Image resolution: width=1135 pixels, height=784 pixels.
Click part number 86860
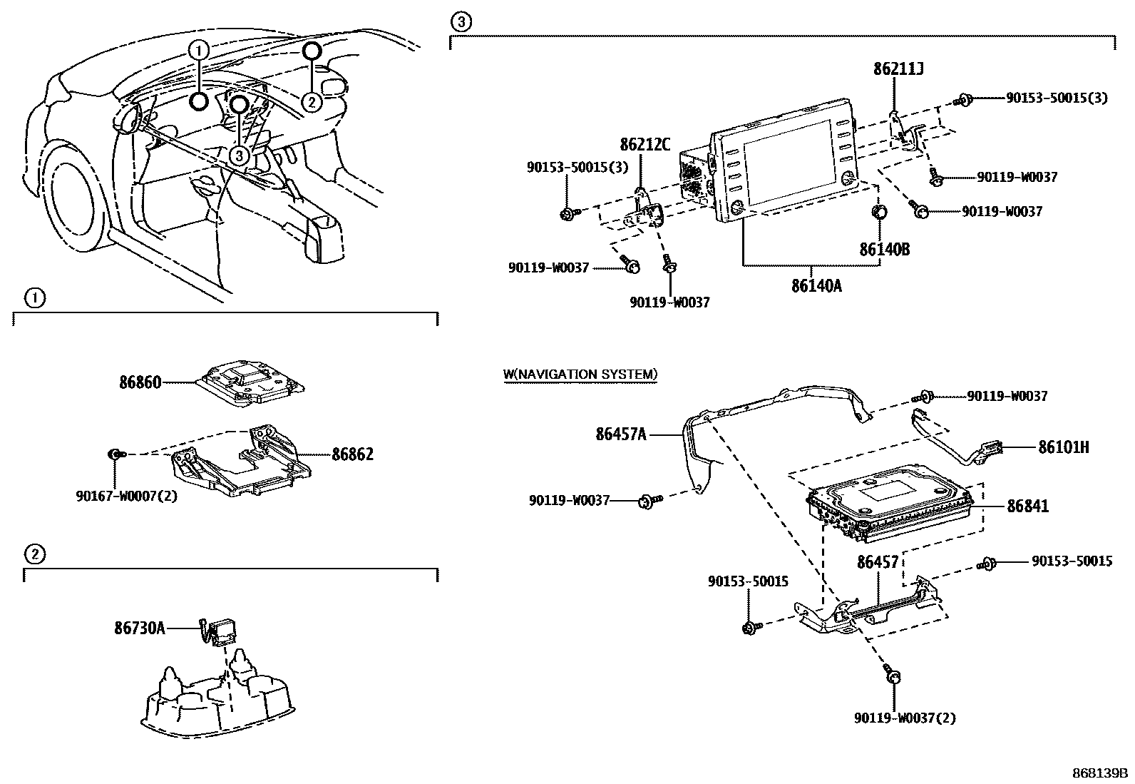coord(140,382)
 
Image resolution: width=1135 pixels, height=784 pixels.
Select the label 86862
coord(352,454)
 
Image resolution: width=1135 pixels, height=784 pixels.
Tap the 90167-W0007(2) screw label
coord(125,495)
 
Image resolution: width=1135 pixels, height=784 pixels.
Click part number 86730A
coord(139,628)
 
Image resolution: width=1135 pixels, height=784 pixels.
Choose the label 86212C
coord(644,145)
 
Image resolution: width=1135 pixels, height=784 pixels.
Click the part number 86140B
coord(884,250)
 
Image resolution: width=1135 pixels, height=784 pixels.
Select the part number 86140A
coord(816,286)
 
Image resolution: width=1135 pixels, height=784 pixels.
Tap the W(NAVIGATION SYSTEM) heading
coord(580,374)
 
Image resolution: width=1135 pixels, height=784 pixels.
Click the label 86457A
coord(621,433)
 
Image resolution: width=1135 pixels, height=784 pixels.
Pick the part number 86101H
coord(1063,447)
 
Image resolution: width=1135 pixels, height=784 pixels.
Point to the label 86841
coord(1027,506)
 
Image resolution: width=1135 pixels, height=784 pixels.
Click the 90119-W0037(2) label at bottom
coord(904,718)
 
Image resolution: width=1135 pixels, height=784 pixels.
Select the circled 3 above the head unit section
coord(461,22)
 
